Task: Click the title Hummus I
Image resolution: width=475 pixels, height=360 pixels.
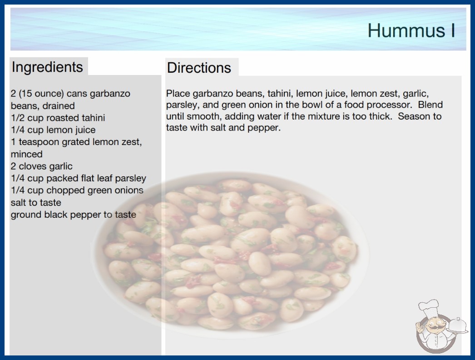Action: point(411,30)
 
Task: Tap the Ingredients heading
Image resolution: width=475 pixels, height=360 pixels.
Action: point(47,67)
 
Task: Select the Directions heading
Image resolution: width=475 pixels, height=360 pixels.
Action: point(199,68)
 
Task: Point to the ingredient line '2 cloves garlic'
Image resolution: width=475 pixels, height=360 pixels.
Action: point(41,166)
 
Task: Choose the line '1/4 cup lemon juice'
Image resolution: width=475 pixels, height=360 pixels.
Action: point(53,130)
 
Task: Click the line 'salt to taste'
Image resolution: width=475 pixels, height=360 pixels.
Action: point(36,202)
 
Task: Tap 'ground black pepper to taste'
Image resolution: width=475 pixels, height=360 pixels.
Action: point(73,215)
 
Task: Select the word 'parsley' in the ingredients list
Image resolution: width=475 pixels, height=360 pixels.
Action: point(130,178)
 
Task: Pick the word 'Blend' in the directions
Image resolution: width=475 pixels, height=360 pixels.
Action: point(430,105)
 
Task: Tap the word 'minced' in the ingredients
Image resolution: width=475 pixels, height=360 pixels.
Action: point(26,154)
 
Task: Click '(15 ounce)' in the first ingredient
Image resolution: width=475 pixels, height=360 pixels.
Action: point(41,94)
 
